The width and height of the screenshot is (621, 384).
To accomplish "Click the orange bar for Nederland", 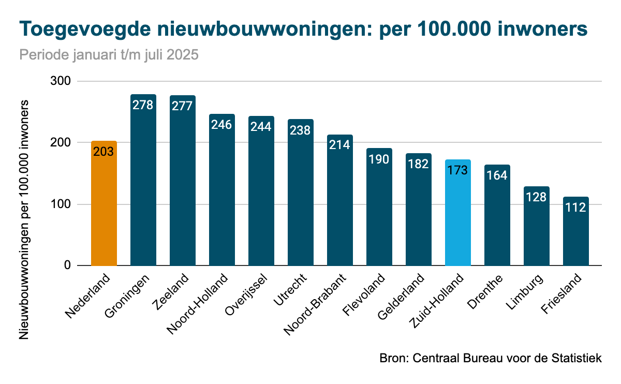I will coord(104,207).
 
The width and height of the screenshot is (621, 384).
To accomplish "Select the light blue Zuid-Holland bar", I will coord(458,217).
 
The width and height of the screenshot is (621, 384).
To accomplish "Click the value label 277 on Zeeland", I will coord(182,106).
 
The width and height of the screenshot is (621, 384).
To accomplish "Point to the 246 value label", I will coord(221,125).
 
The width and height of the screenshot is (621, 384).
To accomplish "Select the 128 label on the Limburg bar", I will coord(536,197).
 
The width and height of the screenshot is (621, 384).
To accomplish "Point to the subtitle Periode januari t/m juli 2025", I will coord(109,55).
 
